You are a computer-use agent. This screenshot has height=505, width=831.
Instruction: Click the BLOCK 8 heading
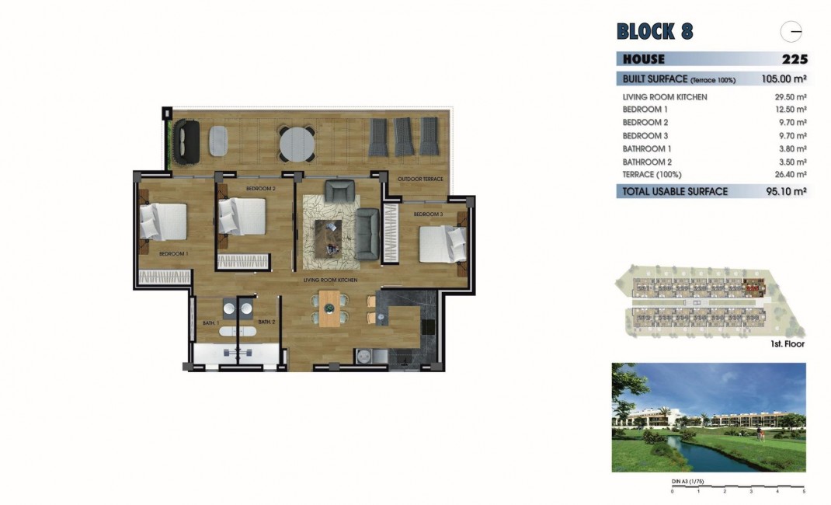(x=654, y=32)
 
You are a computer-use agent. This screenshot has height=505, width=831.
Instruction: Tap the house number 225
(x=794, y=59)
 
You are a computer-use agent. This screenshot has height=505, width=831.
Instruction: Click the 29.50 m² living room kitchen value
(x=791, y=97)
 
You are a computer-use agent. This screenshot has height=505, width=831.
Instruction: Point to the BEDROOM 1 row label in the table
(x=645, y=110)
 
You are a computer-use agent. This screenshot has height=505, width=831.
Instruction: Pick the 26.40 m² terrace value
(x=791, y=175)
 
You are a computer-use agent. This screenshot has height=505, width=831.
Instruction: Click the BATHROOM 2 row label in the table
(x=646, y=162)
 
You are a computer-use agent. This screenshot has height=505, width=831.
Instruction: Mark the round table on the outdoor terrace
(x=297, y=142)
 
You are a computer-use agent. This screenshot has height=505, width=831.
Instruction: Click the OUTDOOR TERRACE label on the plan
(x=420, y=179)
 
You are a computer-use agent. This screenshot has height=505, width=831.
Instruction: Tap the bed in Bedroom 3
(x=441, y=244)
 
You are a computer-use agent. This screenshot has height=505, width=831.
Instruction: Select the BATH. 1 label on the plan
(x=210, y=322)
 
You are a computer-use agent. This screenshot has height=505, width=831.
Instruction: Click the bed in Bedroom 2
(x=241, y=216)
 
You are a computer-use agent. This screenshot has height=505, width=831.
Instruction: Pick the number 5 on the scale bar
(x=804, y=492)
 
